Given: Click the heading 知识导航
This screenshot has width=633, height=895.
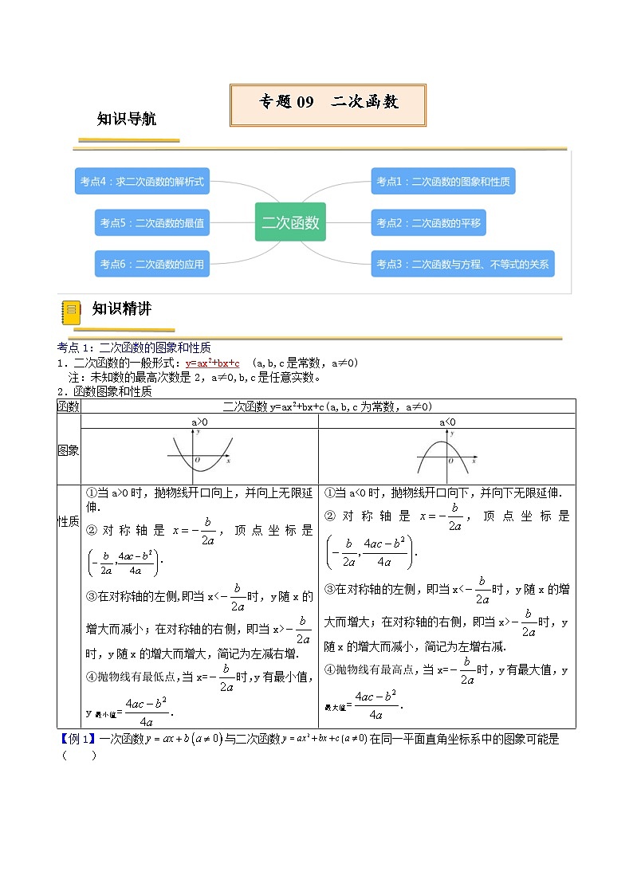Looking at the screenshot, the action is (x=126, y=120).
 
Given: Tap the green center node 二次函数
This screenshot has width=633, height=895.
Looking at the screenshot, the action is (x=290, y=222).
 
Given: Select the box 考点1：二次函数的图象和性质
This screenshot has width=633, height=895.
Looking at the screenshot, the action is (x=443, y=182).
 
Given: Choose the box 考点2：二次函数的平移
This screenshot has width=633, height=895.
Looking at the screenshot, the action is (x=429, y=223).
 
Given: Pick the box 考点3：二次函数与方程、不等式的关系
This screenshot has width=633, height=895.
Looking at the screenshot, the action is (x=462, y=264).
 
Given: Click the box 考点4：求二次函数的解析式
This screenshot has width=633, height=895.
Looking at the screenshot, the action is (x=142, y=182).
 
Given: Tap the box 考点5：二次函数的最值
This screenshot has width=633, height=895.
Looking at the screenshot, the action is (x=152, y=223).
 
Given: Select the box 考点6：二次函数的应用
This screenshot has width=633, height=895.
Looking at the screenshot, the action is (x=152, y=264).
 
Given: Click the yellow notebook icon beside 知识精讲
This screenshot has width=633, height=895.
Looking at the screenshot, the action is (x=71, y=312).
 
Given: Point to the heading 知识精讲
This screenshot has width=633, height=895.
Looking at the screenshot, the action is (x=121, y=309).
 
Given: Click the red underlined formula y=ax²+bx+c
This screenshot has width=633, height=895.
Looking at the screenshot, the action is (x=212, y=363).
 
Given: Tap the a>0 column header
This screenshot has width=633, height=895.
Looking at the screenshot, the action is (x=199, y=421).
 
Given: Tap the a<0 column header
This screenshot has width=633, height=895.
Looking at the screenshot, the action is (x=446, y=421).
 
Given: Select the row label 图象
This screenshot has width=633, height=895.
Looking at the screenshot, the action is (x=69, y=450).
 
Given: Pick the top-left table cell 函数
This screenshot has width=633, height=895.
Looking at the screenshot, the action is (x=69, y=406).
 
